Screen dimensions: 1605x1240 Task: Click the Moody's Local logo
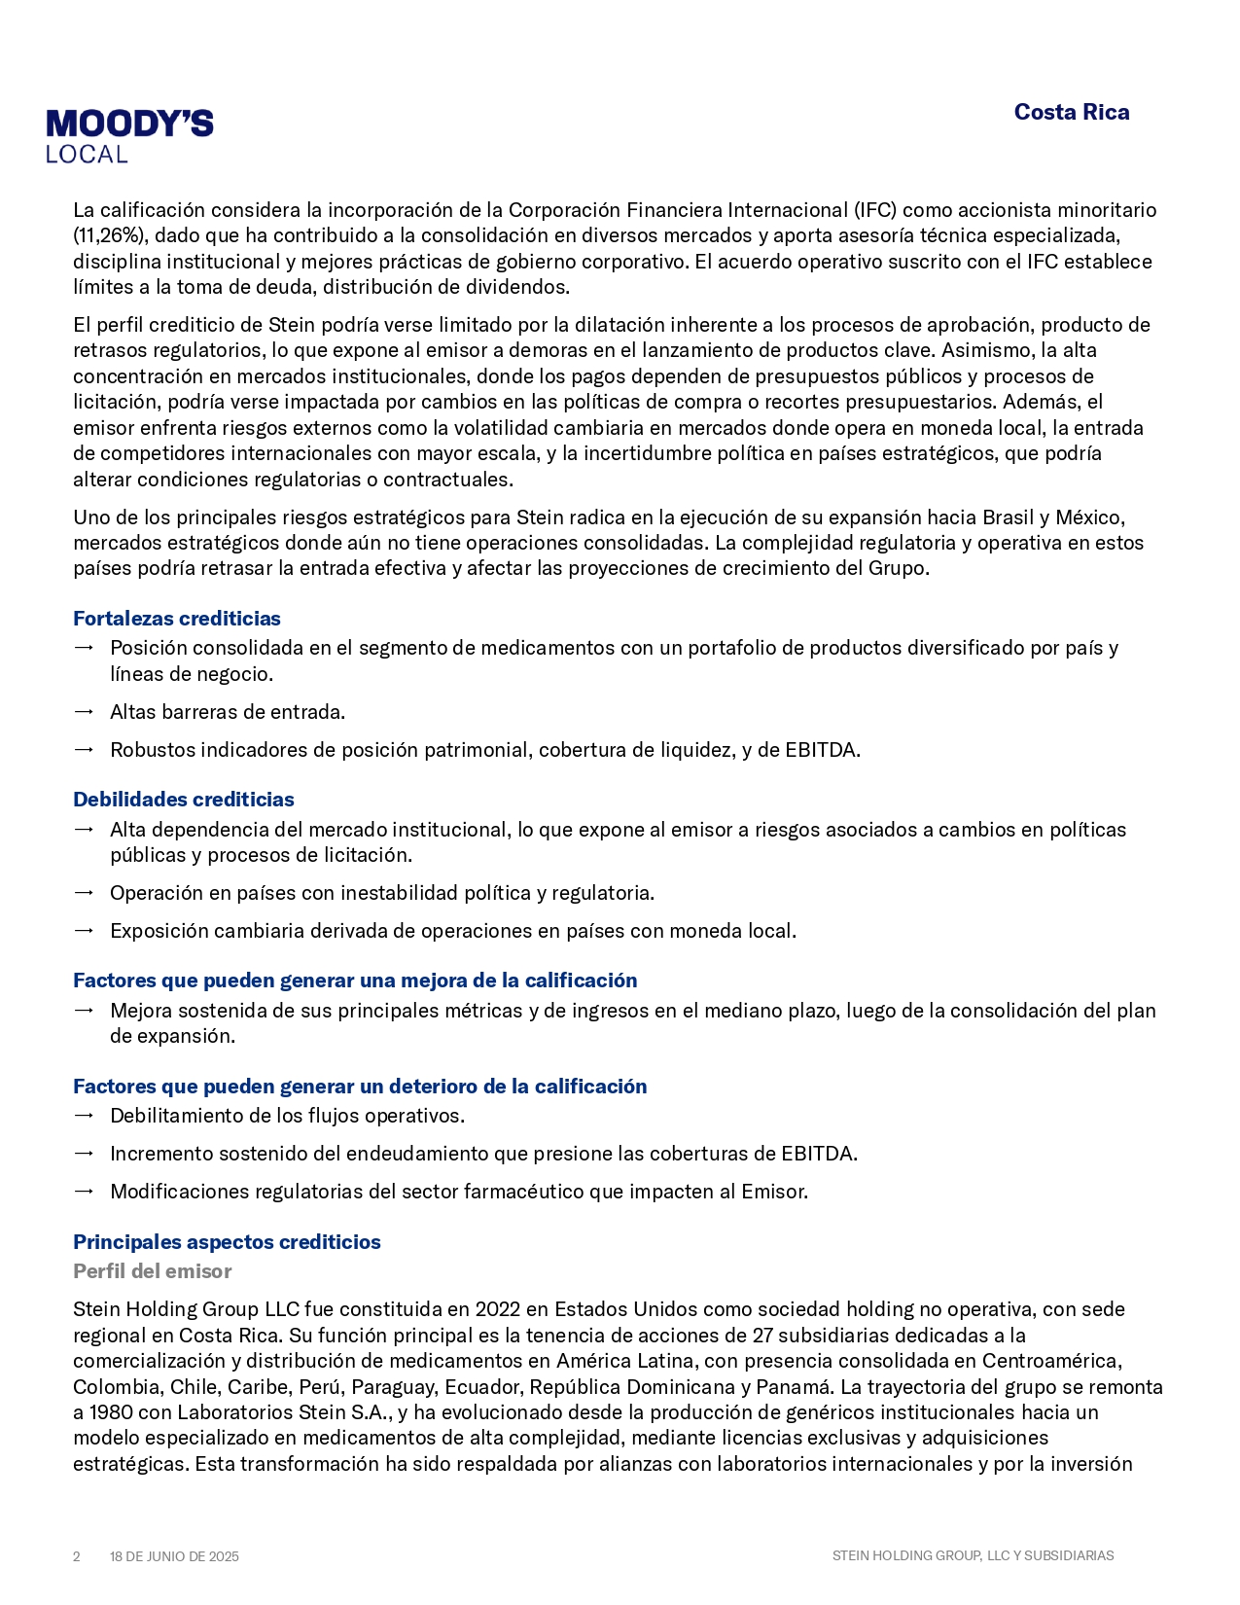[129, 136]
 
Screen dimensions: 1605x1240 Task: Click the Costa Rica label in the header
[1071, 113]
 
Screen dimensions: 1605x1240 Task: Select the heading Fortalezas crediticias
[176, 619]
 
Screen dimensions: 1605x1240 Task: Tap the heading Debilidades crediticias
[183, 800]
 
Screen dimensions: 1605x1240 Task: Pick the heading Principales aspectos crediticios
[227, 1242]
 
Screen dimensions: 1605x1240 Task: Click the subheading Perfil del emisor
[152, 1271]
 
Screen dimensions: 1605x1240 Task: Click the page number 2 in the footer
[77, 1556]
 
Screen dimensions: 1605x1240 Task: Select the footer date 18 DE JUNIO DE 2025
[174, 1556]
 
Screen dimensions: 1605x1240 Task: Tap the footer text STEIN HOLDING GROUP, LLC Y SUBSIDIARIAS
[973, 1555]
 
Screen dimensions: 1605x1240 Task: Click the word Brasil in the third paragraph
[1008, 517]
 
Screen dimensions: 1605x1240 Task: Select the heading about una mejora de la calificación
[355, 981]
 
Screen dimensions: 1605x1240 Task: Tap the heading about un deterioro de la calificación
[360, 1087]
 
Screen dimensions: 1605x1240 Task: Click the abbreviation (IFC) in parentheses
[875, 210]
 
